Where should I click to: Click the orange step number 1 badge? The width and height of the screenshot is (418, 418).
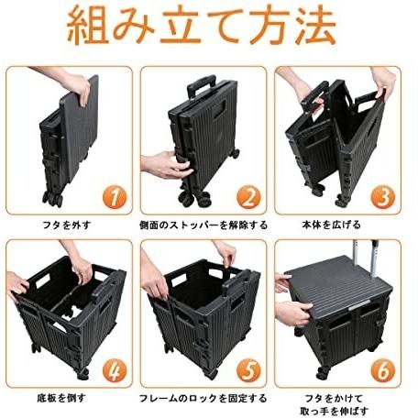(x=115, y=198)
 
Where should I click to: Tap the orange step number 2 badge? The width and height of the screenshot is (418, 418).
(x=248, y=198)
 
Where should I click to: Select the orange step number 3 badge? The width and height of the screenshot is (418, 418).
(x=383, y=198)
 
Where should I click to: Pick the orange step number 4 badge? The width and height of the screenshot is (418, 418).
(x=115, y=371)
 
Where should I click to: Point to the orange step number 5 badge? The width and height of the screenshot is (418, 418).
(x=248, y=371)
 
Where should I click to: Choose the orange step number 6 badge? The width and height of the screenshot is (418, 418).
(x=383, y=371)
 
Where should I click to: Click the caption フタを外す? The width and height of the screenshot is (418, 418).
(x=67, y=225)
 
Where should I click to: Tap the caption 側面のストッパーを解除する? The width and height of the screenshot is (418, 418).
(x=203, y=225)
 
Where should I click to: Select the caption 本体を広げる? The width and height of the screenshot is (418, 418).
(x=332, y=225)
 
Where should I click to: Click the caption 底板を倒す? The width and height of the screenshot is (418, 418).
(x=61, y=398)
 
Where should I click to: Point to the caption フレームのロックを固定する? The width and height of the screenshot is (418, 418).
(x=203, y=398)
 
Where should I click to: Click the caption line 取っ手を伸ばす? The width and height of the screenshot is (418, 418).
(x=334, y=411)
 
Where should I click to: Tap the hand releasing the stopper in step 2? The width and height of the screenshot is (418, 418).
(x=167, y=165)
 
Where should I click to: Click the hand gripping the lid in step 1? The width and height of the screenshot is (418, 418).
(x=75, y=84)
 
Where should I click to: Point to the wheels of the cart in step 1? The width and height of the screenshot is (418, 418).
(x=53, y=198)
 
